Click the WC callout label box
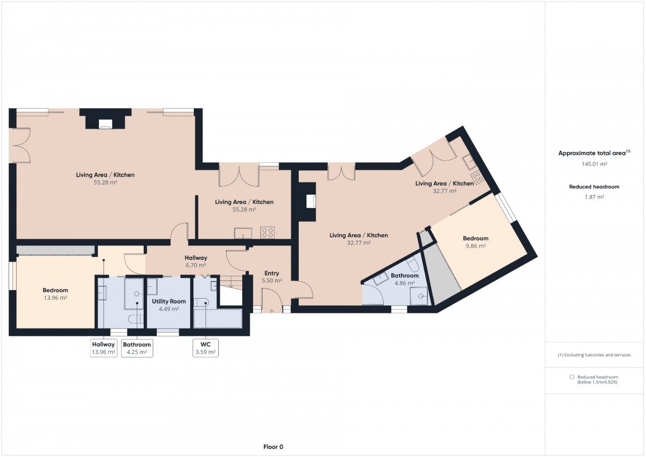point(205,348)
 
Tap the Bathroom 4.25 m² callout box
point(137,348)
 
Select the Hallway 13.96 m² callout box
point(103,348)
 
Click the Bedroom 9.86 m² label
point(475,242)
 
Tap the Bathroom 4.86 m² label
point(405,279)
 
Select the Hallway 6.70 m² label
point(196,262)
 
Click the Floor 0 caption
point(273,447)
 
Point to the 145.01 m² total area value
point(594,164)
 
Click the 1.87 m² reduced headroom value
point(594,197)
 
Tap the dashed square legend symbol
point(572,377)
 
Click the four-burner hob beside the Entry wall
point(268,233)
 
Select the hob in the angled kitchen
point(477,177)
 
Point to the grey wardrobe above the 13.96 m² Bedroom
point(55,250)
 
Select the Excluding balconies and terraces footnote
point(594,355)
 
